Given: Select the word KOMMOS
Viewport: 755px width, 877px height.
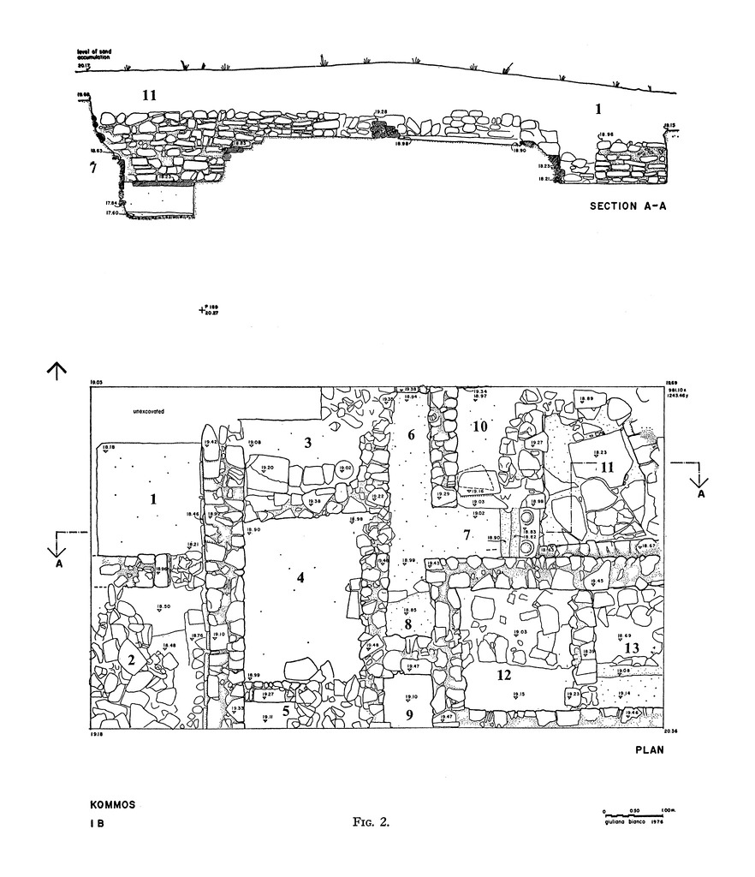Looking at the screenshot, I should pos(112,806).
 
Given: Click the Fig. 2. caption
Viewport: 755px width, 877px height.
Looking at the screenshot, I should pos(371,822).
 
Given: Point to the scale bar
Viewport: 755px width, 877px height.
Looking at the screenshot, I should pos(633,811).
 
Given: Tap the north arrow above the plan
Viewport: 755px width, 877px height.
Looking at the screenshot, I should pos(56,370).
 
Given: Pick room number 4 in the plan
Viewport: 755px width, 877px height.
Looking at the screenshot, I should pos(300,578).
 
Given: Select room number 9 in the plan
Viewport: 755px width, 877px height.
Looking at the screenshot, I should pos(409,714).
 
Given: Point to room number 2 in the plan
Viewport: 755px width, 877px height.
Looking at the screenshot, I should pos(132,659).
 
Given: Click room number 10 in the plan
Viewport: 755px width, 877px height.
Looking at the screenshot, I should pos(479,427).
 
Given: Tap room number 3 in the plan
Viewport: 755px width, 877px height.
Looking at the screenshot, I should pos(306,442).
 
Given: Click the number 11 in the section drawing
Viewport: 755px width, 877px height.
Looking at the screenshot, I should pos(149,96).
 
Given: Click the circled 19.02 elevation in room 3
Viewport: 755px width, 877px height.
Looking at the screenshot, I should pos(344,468).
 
